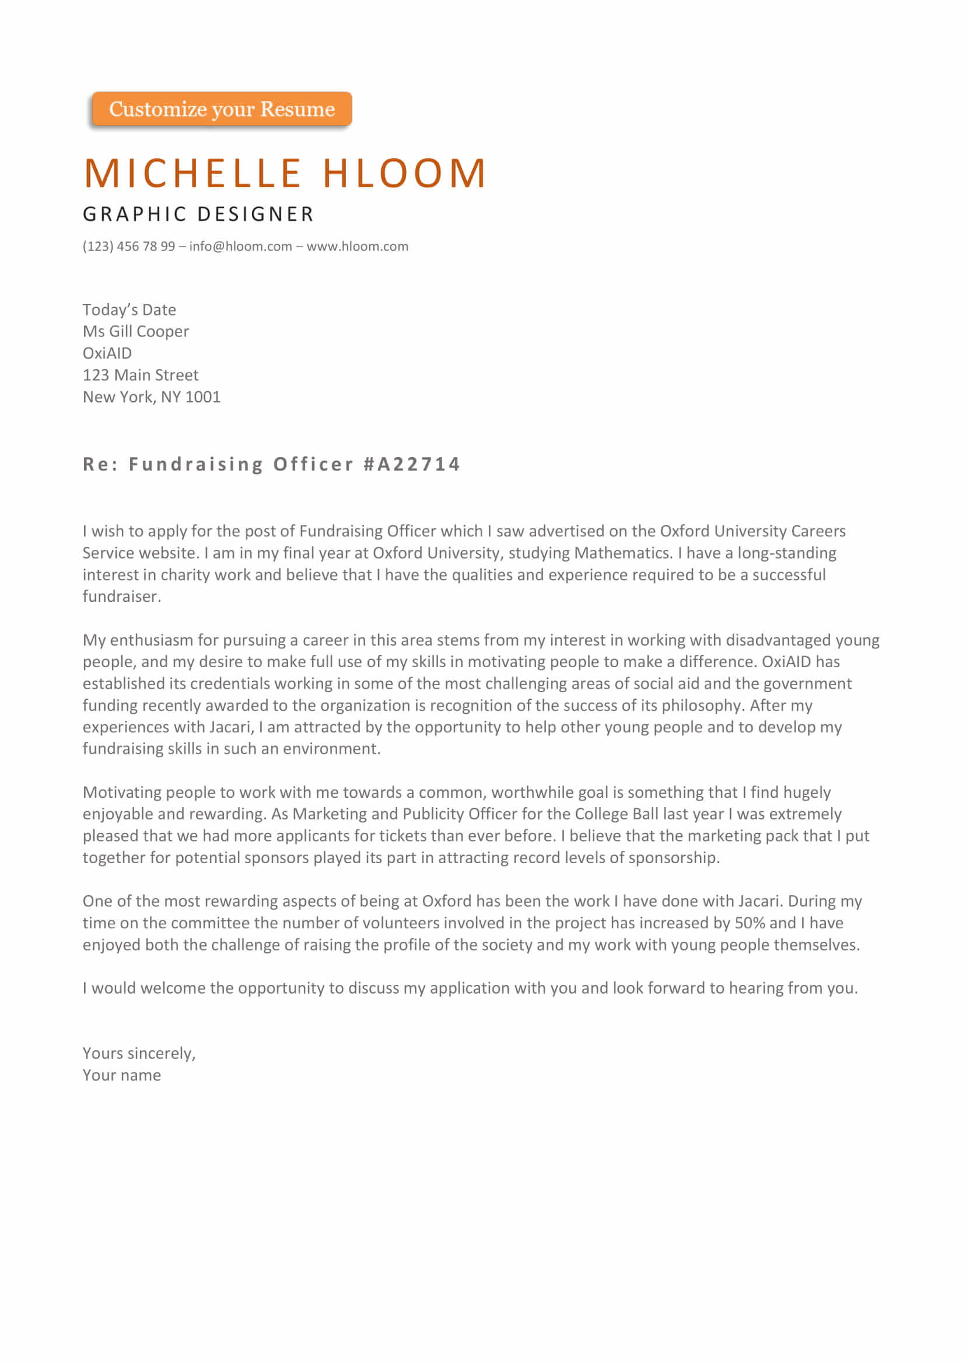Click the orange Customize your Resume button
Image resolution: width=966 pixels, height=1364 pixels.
click(221, 110)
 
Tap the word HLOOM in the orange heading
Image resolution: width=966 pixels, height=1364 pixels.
click(404, 173)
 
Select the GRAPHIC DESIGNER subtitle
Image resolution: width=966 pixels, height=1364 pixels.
click(198, 214)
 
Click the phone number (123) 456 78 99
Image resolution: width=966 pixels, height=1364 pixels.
click(128, 246)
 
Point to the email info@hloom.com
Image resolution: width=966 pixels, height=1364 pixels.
click(240, 246)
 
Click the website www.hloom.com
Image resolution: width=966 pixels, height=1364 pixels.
click(357, 246)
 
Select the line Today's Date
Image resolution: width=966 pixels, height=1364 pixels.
click(129, 310)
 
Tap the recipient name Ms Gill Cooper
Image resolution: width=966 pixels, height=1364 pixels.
click(135, 331)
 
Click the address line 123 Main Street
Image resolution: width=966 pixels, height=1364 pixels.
click(141, 375)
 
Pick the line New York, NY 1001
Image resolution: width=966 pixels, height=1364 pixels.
click(151, 397)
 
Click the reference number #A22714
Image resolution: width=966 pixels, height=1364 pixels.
click(412, 464)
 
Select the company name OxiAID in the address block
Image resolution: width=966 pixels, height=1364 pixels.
click(107, 353)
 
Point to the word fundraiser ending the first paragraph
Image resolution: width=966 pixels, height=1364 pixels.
click(121, 597)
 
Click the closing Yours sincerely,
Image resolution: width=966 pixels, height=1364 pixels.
click(139, 1054)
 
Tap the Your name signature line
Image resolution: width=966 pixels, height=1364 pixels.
click(121, 1075)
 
